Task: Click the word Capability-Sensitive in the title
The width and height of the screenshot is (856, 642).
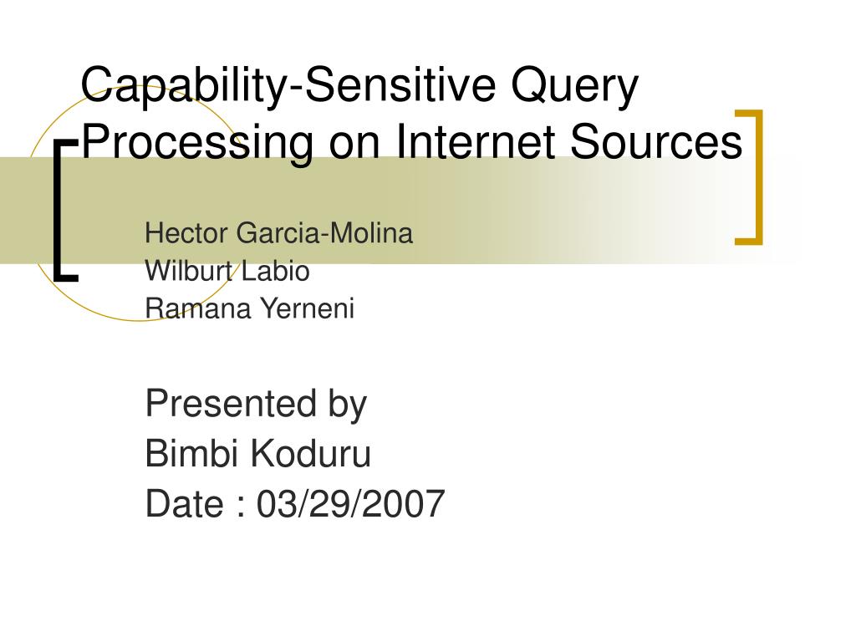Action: pyautogui.click(x=288, y=86)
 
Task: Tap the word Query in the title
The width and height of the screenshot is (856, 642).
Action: pyautogui.click(x=574, y=86)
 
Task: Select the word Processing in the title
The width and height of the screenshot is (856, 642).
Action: pyautogui.click(x=197, y=143)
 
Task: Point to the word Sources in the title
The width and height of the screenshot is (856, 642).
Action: pyautogui.click(x=656, y=140)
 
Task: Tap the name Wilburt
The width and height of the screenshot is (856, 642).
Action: pyautogui.click(x=190, y=271)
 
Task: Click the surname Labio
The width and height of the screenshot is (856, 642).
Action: pyautogui.click(x=275, y=271)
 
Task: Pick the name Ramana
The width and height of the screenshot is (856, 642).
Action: pyautogui.click(x=198, y=308)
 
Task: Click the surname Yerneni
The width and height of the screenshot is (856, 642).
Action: pyautogui.click(x=308, y=308)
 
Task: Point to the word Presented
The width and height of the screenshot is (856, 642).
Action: pyautogui.click(x=231, y=404)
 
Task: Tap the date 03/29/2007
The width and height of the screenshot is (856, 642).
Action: pyautogui.click(x=351, y=503)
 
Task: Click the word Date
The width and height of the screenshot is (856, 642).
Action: pyautogui.click(x=185, y=503)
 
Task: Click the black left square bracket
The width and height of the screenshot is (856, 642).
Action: pyautogui.click(x=59, y=211)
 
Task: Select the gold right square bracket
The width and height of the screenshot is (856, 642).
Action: pyautogui.click(x=759, y=177)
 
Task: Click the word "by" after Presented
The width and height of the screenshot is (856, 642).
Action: pyautogui.click(x=347, y=405)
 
